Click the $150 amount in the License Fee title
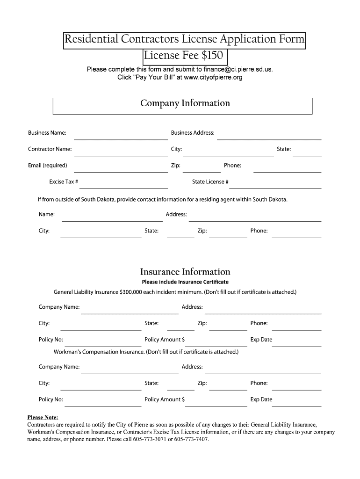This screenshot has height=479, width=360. coord(213,56)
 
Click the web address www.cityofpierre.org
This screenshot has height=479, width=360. coord(213,77)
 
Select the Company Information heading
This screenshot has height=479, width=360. coord(185,103)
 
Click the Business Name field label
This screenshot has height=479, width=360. coord(47,133)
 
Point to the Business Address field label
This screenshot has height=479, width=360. coord(193,133)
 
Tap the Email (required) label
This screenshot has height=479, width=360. coord(47,166)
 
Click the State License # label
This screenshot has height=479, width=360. coord(210,182)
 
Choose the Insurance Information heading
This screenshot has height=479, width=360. coord(185,272)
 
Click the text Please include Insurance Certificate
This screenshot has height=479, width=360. coord(185,282)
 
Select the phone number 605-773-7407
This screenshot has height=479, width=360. coord(192,440)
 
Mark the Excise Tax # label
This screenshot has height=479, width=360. coord(64,182)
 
